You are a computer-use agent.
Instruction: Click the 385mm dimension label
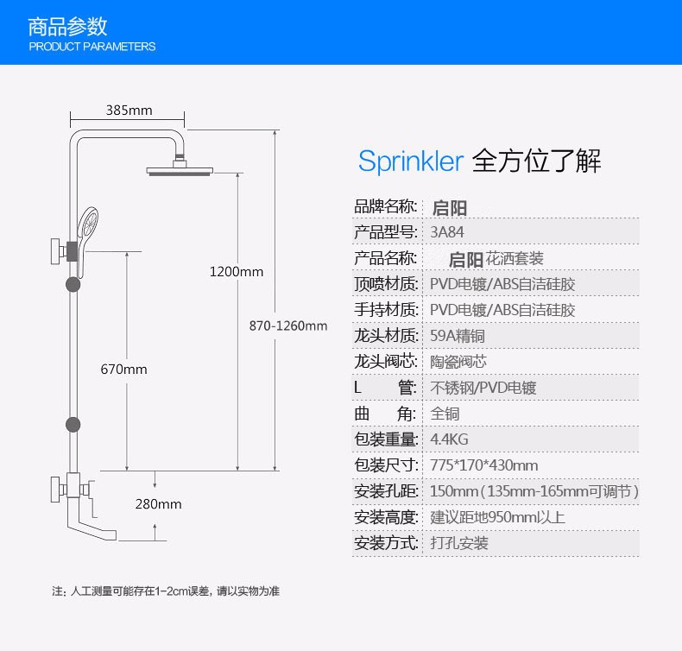(129, 111)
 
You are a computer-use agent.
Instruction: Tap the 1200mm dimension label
(236, 272)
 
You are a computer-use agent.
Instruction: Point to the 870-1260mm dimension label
(288, 325)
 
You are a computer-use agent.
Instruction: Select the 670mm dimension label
(123, 370)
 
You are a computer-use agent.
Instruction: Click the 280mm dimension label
(158, 504)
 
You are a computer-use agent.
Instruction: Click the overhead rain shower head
(180, 169)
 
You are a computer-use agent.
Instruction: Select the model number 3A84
(446, 232)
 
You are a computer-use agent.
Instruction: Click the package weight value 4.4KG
(449, 439)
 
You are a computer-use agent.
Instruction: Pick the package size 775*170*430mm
(483, 465)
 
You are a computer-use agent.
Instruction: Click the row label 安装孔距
(386, 491)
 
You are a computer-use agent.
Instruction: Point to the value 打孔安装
(459, 543)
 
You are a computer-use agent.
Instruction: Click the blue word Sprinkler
(411, 161)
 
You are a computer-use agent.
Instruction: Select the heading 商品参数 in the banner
(68, 25)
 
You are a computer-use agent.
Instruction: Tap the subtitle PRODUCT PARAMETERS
(92, 47)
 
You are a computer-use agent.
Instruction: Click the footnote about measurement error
(165, 591)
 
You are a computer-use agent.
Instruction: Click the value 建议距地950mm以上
(497, 517)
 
